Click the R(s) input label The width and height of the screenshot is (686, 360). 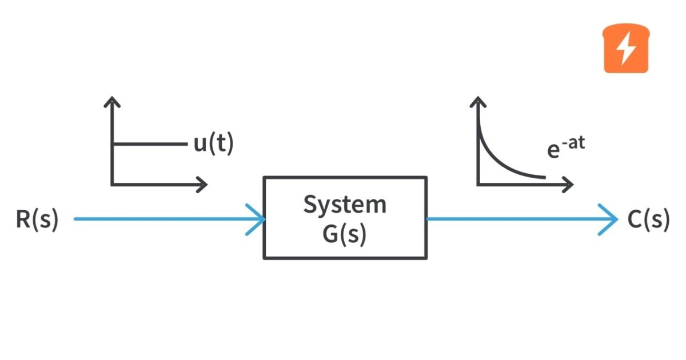click(37, 220)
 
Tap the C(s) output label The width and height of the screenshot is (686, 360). click(648, 220)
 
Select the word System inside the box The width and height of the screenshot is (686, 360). click(345, 205)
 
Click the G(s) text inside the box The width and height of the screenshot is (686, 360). click(345, 233)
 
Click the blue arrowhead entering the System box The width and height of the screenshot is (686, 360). click(257, 219)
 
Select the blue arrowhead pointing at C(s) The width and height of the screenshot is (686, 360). click(609, 219)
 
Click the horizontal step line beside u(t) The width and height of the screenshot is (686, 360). click(149, 144)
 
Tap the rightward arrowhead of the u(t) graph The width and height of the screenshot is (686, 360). click(201, 184)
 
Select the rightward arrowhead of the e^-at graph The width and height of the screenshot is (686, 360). click(567, 184)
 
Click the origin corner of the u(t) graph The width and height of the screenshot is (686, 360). click(113, 184)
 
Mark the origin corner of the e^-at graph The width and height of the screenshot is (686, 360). click(478, 184)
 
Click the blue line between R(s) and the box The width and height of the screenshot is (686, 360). click(160, 219)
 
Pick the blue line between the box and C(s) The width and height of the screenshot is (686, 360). click(514, 219)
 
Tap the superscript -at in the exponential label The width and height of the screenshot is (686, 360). click(573, 141)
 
